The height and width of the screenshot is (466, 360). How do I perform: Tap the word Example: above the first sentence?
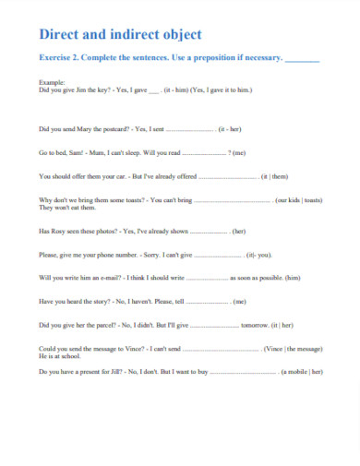click(52, 82)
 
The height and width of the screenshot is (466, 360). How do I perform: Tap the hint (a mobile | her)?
click(303, 372)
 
